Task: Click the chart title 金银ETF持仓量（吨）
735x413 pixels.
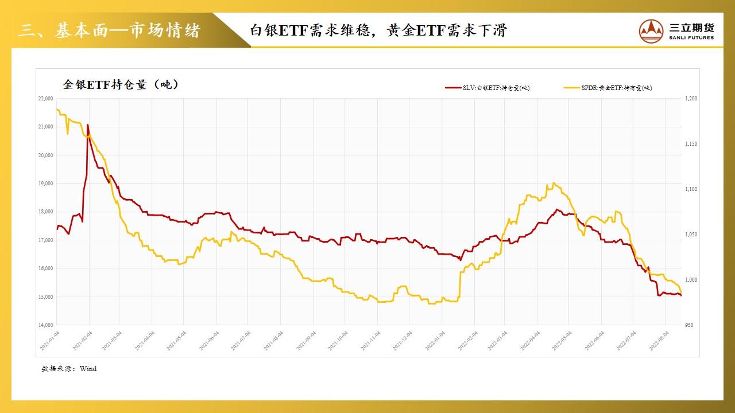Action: click(x=121, y=84)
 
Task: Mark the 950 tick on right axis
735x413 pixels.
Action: click(x=689, y=325)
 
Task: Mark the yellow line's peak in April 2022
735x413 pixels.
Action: click(x=553, y=183)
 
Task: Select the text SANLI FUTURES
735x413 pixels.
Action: click(x=691, y=38)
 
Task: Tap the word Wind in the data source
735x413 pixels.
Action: click(x=88, y=369)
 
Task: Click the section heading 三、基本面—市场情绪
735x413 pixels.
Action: click(x=109, y=30)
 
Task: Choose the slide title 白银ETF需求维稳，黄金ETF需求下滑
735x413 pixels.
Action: click(x=378, y=30)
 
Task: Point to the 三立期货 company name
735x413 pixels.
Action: click(x=692, y=26)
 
